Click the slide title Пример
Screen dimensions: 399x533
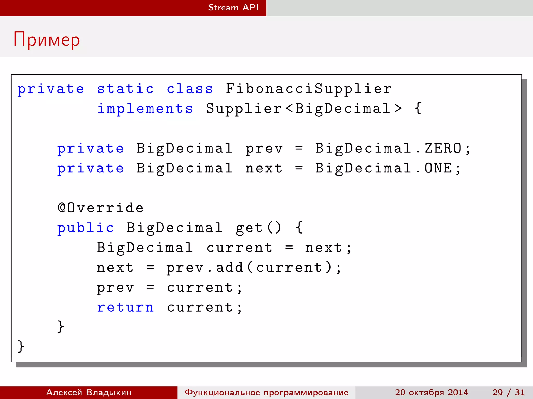47,40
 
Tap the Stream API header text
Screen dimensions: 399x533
233,8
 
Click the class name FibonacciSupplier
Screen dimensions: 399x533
308,89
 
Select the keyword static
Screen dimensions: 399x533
125,89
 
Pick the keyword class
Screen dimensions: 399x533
190,89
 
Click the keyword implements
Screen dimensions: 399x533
145,109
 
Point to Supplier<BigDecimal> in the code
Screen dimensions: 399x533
304,109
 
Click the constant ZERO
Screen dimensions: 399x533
443,148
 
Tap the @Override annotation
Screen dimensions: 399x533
100,208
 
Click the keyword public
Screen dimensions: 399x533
85,228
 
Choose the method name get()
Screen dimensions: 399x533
258,228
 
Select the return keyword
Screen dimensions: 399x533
125,308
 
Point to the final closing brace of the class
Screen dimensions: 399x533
21,346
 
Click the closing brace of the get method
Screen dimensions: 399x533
61,327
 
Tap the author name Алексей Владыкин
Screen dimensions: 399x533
89,392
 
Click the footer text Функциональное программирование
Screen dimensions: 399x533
266,392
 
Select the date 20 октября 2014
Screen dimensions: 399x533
432,392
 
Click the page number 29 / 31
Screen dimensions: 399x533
508,392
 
